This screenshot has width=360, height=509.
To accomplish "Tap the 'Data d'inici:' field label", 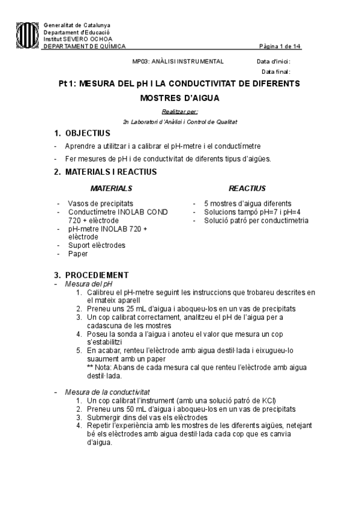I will [x=273, y=61].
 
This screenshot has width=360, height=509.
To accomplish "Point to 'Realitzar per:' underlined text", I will [x=180, y=111].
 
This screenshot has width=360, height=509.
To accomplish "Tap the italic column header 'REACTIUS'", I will [x=247, y=188].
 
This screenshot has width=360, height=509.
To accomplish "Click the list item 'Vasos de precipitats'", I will [x=100, y=203].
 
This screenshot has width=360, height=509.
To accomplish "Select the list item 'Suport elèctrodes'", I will [x=97, y=245].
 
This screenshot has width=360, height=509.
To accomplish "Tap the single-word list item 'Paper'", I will [x=78, y=253].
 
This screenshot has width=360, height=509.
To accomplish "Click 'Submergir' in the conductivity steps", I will [x=104, y=417].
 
